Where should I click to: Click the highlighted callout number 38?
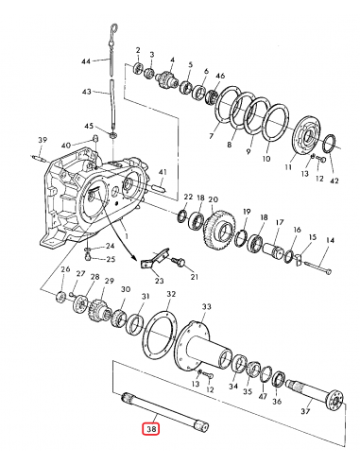click(151, 428)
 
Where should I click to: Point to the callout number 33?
click(205, 306)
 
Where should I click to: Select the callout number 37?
click(304, 411)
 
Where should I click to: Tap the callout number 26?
click(65, 270)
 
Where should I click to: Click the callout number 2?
click(138, 49)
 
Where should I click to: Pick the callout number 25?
click(110, 259)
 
